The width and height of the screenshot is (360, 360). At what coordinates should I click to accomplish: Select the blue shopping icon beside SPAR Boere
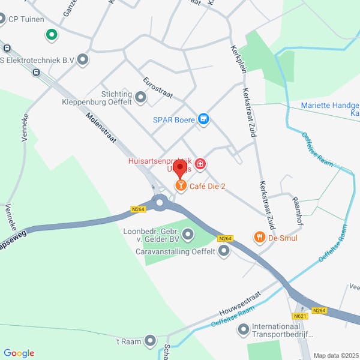click(204, 119)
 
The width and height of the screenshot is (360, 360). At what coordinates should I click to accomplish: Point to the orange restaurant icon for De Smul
click(259, 238)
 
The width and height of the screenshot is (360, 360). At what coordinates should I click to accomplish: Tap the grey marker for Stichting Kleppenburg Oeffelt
click(141, 97)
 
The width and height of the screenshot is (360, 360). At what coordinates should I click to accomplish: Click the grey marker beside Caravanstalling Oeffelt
click(224, 251)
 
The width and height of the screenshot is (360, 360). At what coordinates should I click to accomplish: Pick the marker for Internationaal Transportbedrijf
click(244, 329)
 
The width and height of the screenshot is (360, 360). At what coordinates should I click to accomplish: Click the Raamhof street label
click(296, 210)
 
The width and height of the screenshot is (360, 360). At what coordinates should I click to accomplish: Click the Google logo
click(19, 353)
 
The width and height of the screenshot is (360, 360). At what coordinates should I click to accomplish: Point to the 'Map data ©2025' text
click(336, 355)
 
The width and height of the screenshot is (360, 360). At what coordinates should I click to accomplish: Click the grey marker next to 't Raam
click(150, 341)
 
